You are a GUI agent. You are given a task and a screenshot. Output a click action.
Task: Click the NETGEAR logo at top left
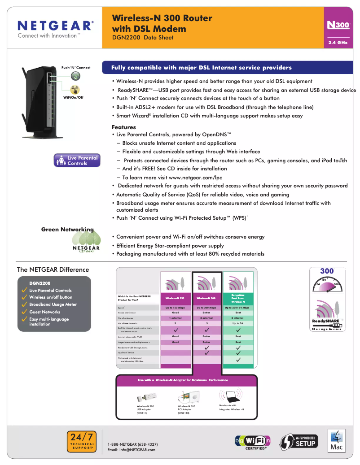coord(55,26)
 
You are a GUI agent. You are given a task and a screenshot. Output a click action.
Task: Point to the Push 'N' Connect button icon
coord(75,76)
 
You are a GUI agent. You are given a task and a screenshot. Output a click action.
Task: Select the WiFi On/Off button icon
coord(75,89)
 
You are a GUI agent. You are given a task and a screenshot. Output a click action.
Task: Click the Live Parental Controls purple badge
coord(76,161)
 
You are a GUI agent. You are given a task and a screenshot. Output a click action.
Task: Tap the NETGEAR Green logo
coord(86,248)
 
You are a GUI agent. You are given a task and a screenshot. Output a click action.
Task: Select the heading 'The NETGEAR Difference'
coord(53,269)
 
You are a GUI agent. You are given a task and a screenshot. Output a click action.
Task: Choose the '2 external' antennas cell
coord(206,318)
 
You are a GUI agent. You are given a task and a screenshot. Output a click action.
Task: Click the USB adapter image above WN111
coord(146,398)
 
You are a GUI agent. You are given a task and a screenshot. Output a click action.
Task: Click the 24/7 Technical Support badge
coord(82,441)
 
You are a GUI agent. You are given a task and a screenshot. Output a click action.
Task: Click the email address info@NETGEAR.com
coord(132,450)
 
